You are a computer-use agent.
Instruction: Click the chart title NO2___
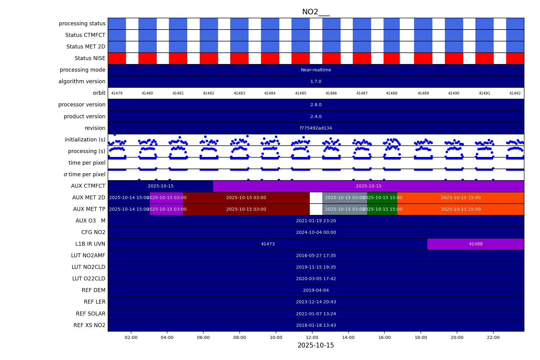[x=316, y=12]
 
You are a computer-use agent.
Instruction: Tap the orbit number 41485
[x=300, y=93]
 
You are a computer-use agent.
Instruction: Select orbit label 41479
[x=117, y=93]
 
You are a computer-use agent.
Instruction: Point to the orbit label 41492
[x=515, y=93]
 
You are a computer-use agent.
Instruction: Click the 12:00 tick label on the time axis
[x=312, y=337]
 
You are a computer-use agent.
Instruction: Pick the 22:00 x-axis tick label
[x=493, y=337]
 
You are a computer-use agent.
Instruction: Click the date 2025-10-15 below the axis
[x=316, y=345]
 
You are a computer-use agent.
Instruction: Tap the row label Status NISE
[x=90, y=58]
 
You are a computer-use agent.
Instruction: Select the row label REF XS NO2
[x=89, y=325]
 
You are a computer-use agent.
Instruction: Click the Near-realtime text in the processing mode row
[x=316, y=70]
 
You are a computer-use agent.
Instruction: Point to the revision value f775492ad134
[x=316, y=128]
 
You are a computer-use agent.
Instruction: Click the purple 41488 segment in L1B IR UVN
[x=475, y=244]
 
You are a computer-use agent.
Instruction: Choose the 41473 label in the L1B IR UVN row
[x=267, y=244]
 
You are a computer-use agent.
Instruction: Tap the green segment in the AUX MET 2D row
[x=382, y=198]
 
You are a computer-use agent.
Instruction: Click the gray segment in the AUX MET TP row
[x=345, y=209]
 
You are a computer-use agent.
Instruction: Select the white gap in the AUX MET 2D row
[x=316, y=198]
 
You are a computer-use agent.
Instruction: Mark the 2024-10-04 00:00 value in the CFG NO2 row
[x=316, y=232]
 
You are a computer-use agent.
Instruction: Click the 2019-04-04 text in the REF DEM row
[x=316, y=290]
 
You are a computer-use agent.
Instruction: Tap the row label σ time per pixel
[x=84, y=174]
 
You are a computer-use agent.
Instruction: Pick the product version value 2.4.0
[x=316, y=116]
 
